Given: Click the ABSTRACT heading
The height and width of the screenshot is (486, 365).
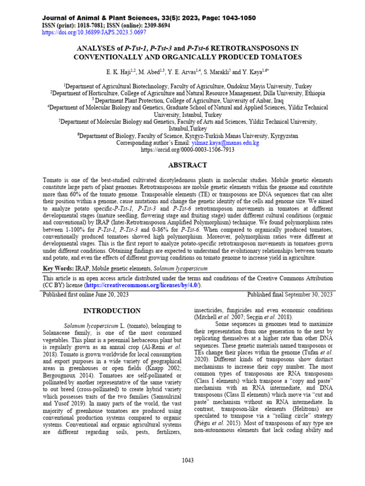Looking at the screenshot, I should point(188,165).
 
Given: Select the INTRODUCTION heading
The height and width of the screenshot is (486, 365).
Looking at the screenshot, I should point(112,311).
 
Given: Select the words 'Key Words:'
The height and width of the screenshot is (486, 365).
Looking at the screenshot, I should point(58,268).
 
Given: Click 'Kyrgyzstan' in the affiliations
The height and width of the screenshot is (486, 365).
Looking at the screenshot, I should point(284,135).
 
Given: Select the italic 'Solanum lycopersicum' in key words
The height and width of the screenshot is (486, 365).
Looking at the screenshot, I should point(181,268).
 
